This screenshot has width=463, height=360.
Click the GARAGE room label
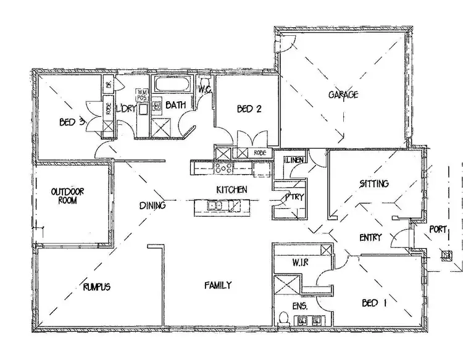click(x=344, y=95)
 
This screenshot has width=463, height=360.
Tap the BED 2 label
click(x=249, y=109)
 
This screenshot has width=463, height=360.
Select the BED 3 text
click(x=72, y=122)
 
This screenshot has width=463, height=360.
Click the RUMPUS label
click(x=96, y=287)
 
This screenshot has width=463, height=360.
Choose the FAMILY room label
click(x=218, y=285)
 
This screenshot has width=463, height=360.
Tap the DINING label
click(x=152, y=206)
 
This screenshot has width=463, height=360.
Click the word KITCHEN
click(x=231, y=190)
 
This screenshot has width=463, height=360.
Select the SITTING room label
click(x=374, y=183)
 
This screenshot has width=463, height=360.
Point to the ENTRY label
click(x=370, y=238)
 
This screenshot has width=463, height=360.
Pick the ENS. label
click(x=300, y=306)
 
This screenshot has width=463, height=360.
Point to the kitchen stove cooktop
click(x=222, y=167)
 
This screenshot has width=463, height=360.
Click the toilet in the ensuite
click(x=283, y=319)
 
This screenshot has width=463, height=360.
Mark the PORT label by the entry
click(x=438, y=230)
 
